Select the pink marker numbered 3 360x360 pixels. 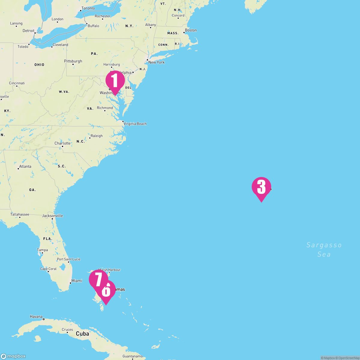point(261,187)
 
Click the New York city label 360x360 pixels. point(156,62)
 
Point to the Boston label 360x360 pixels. point(191,30)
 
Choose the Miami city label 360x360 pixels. point(76,281)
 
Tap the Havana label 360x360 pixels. point(36,316)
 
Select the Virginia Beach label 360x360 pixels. point(135,124)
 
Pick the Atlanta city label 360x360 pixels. point(25,166)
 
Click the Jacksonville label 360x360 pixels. point(52,216)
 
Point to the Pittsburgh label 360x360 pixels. point(73,61)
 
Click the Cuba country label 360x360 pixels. point(82,334)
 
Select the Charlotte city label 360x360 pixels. point(62,143)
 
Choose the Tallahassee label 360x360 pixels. point(20,214)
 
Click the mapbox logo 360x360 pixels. point(13,356)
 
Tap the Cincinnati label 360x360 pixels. point(17,83)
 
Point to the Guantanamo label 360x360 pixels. point(132,356)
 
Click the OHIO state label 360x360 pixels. point(39,65)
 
